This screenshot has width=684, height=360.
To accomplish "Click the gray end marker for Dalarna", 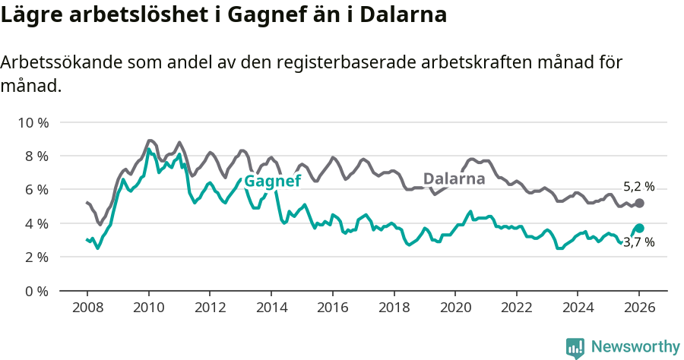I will pos(639,204).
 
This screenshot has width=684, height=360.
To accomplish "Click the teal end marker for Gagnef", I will pos(639,228).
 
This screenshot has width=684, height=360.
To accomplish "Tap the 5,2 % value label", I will pos(638,186).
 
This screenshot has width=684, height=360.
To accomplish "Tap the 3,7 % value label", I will pos(638,243).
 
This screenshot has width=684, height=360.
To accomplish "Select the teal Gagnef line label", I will pos(273,181).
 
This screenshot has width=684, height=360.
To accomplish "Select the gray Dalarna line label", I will pos(454,179).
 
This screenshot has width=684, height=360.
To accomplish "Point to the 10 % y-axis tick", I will pos(33,122).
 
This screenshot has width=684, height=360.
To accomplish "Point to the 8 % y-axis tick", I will pos(36,156).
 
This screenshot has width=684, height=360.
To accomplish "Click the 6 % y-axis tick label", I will pos(36,190).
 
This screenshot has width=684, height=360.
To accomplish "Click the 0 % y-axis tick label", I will pos(36,291).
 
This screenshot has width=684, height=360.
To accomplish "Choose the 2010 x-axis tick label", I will pos(148,308).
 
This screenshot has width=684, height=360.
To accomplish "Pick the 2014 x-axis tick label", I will pos(271,308).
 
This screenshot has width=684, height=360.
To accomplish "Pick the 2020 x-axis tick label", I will pos(454,308).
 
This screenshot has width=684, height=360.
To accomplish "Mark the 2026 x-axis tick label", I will pos(638,308).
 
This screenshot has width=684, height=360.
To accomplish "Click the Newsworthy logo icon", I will pos(575,348).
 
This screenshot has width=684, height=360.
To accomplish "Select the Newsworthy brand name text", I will pos(635,347).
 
